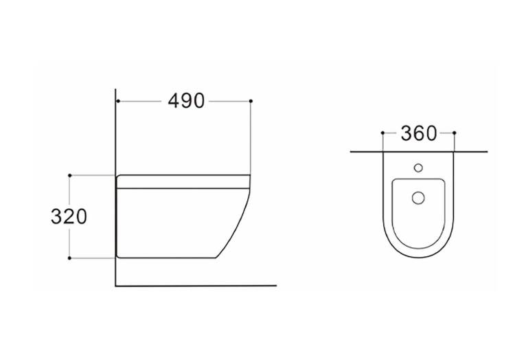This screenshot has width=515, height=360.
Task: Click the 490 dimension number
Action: point(186,101)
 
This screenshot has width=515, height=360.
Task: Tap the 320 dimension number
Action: point(69,216)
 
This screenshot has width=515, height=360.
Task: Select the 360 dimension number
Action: point(419,133)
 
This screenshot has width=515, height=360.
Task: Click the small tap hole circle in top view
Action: point(418,168)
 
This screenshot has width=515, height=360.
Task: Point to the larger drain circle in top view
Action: point(418,198)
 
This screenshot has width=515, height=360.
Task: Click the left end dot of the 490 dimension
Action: point(117,101)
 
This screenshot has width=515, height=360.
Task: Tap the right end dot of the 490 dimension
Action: point(251,101)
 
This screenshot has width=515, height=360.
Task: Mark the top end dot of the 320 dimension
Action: point(69,175)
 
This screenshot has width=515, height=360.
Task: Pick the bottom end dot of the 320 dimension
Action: point(69,258)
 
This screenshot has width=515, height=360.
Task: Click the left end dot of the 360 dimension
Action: point(382,133)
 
